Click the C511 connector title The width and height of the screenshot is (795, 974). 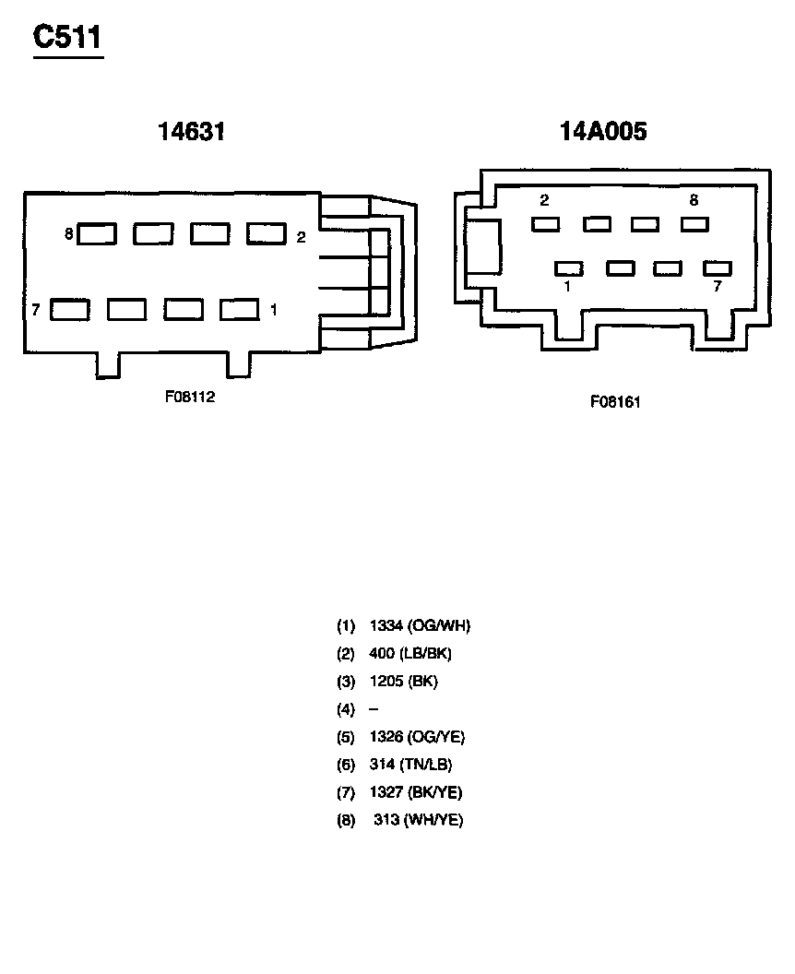coord(67,37)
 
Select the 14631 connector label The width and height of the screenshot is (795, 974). coord(191,131)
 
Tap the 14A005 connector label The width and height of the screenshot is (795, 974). coord(603,131)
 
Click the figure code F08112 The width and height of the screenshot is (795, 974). coord(190,397)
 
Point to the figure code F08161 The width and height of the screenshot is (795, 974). coord(615,402)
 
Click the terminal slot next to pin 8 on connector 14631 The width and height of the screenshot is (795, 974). coord(96,233)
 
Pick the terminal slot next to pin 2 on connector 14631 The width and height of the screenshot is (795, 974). coord(267,233)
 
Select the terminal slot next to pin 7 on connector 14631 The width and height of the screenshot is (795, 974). coord(69,310)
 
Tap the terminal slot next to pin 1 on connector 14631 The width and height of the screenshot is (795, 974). coord(239,309)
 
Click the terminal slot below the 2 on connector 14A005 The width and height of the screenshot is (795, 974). coord(545,224)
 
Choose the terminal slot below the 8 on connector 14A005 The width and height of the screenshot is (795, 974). coord(694,224)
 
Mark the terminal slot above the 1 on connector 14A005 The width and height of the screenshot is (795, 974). coord(569,268)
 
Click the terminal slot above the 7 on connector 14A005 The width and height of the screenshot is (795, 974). coord(718,268)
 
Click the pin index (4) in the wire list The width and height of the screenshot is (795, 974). coord(345,709)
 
